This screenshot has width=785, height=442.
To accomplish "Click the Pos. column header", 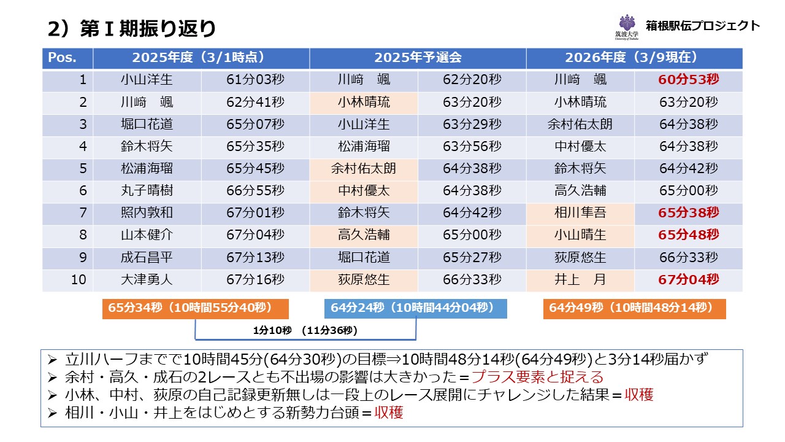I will click(x=63, y=58).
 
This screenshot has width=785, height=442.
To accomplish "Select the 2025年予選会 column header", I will click(x=418, y=58).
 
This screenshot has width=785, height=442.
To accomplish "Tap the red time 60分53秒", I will click(x=688, y=80).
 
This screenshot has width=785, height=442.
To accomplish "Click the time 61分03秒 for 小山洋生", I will click(x=255, y=80).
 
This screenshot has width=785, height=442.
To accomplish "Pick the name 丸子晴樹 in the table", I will click(x=147, y=191).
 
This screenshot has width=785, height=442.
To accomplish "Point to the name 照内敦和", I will click(x=147, y=213).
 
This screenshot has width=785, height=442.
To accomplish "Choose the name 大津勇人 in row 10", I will click(x=147, y=280).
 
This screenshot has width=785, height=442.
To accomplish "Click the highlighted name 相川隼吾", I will click(x=580, y=213).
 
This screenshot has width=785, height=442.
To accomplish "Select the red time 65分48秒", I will click(x=688, y=235).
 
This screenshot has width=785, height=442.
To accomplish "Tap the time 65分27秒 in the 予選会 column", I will click(x=472, y=258).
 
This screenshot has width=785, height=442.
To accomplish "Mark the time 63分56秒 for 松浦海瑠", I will click(x=472, y=147).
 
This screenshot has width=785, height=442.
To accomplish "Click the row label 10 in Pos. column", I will click(x=78, y=280).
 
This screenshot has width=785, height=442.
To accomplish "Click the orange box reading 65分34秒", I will click(x=195, y=308).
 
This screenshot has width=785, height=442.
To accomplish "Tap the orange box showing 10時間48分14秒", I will click(x=634, y=308).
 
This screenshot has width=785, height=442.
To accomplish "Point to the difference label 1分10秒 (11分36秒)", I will click(x=305, y=330).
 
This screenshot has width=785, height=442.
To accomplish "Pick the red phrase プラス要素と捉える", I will click(x=537, y=377).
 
